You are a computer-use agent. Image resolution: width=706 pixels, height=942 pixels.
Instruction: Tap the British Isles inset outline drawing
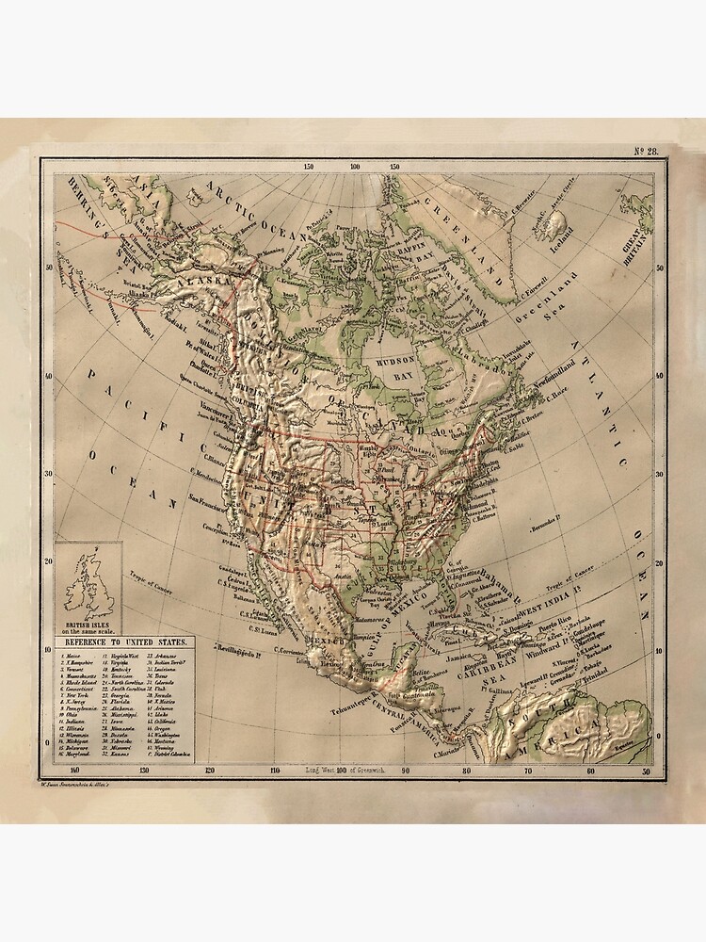coord(91,582)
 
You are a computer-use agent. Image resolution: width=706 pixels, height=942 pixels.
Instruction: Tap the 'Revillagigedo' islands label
coord(240,650)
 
